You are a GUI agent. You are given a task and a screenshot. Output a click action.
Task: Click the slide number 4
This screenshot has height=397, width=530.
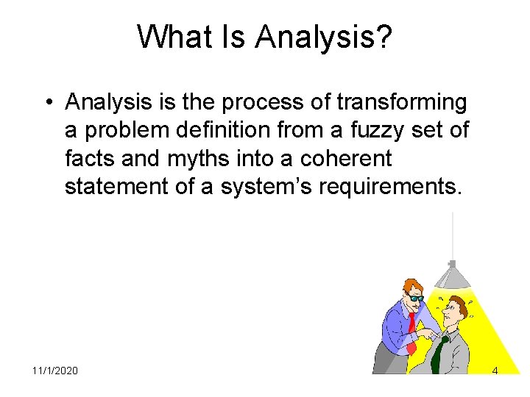coord(495,371)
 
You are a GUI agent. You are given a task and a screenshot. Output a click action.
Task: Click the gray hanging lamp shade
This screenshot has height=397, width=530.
coord(453,275)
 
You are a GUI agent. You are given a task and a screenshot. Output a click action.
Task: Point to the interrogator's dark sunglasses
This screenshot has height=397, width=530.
coord(416,298)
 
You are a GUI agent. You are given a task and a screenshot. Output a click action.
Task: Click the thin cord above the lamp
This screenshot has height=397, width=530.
coord(452,235)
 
